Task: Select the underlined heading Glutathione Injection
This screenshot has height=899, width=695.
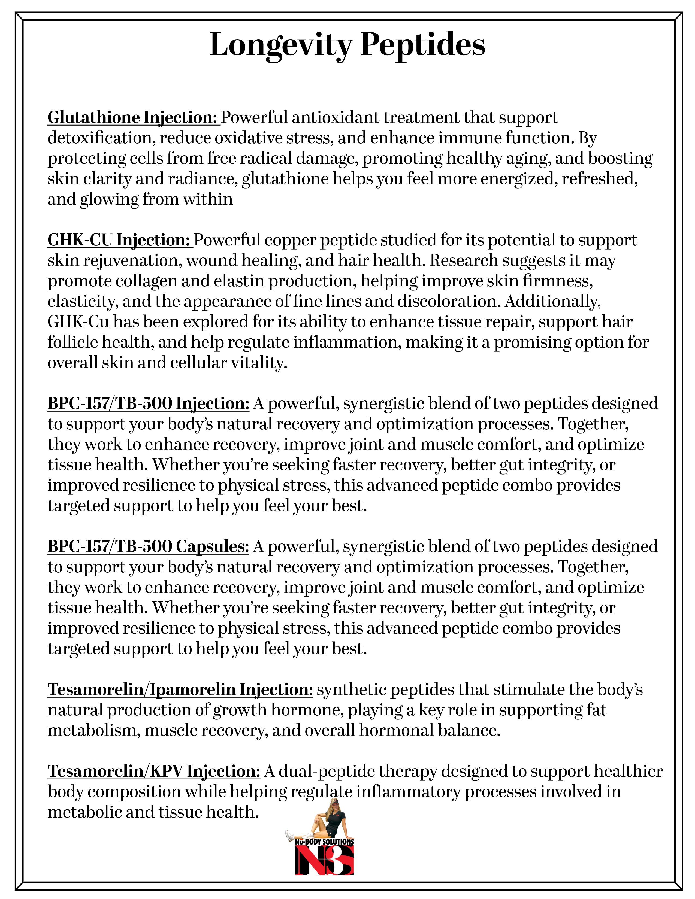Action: click(x=132, y=118)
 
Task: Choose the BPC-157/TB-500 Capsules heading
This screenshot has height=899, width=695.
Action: click(x=148, y=546)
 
